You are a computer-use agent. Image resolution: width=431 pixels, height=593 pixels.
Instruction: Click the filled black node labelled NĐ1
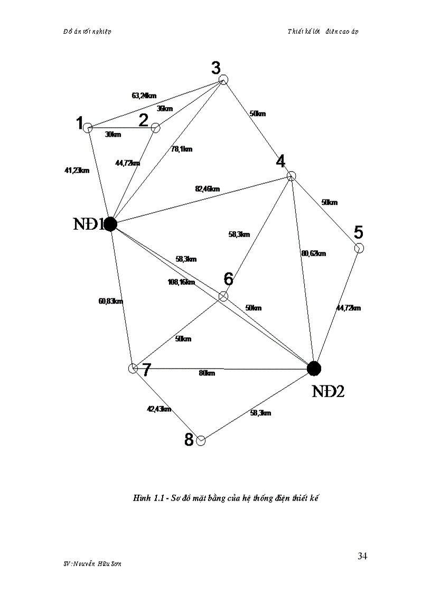coord(110,224)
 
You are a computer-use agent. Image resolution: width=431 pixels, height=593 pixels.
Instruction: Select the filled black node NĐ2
coord(314,368)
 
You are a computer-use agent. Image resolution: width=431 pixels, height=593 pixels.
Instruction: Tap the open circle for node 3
coord(223,80)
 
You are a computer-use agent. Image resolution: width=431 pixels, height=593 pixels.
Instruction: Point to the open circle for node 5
coord(359,248)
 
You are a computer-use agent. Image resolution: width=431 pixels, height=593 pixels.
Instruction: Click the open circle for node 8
coord(201,440)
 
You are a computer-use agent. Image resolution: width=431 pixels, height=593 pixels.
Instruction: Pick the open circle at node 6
coord(223,296)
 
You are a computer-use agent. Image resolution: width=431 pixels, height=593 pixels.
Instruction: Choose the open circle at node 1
coord(88,127)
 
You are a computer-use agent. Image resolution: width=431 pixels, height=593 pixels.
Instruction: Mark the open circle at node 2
coord(155,127)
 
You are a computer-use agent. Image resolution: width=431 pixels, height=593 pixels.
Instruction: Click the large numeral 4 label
coord(280,161)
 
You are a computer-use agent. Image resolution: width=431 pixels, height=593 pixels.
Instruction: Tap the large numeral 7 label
coord(146,370)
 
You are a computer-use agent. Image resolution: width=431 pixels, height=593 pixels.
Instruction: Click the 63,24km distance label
coord(144,96)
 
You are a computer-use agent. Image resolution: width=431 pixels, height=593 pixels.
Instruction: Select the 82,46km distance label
coord(207,189)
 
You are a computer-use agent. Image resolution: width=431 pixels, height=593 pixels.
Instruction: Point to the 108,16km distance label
coord(181,282)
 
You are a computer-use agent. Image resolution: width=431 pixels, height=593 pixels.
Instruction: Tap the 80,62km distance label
coord(314,253)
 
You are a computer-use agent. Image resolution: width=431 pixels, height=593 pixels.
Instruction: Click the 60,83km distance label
coord(111,301)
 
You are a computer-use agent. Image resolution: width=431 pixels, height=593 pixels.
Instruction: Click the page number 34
coord(362,556)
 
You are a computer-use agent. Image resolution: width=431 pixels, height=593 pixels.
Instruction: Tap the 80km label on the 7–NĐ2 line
coord(207,373)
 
